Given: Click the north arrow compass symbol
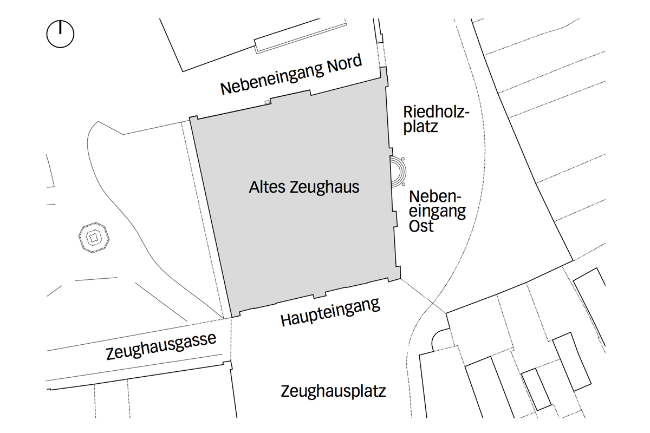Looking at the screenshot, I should (x=60, y=34).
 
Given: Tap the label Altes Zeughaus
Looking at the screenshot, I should (x=304, y=187).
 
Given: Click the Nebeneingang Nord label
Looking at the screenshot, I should (x=291, y=75).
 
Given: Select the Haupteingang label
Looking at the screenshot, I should (x=330, y=313).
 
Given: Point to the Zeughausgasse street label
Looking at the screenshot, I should (x=161, y=346).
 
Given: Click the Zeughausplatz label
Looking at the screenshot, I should (x=333, y=391).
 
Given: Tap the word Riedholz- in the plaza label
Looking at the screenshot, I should (x=435, y=112).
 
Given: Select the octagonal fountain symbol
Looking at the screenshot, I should (x=94, y=237).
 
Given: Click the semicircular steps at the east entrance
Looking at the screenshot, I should (x=398, y=172).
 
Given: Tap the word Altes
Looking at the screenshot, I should (x=268, y=188).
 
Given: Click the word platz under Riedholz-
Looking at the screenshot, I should (x=420, y=127).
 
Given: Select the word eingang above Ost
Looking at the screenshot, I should (x=437, y=211).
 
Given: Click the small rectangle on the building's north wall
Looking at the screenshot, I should (x=266, y=101).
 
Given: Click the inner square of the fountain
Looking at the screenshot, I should (x=94, y=237).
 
